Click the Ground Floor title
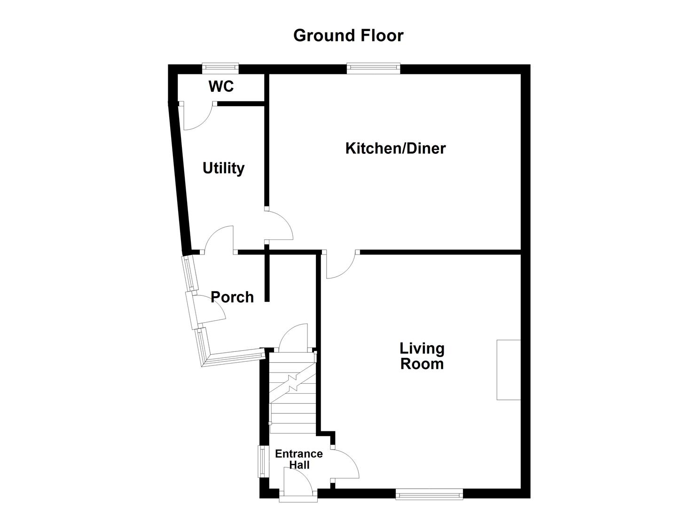(348, 36)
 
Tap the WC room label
(221, 87)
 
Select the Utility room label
(223, 168)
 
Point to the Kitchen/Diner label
(395, 149)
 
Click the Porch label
(232, 297)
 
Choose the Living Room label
(422, 356)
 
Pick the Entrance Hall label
(299, 460)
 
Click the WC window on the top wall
(220, 69)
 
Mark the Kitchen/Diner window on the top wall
(374, 69)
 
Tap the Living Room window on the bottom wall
(429, 494)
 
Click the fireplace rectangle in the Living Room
(509, 370)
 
